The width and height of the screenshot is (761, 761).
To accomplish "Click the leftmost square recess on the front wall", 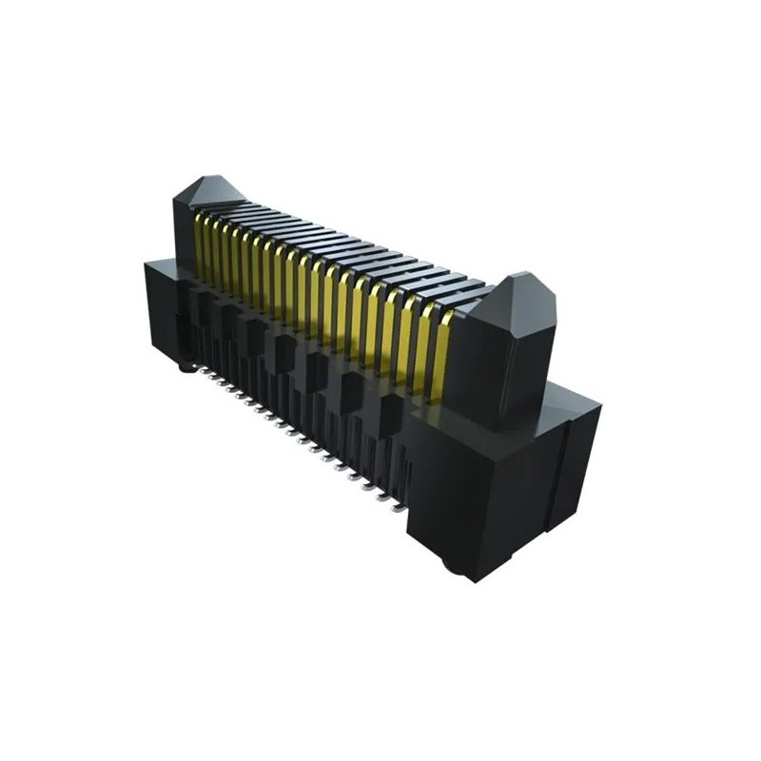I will point(203,304).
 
